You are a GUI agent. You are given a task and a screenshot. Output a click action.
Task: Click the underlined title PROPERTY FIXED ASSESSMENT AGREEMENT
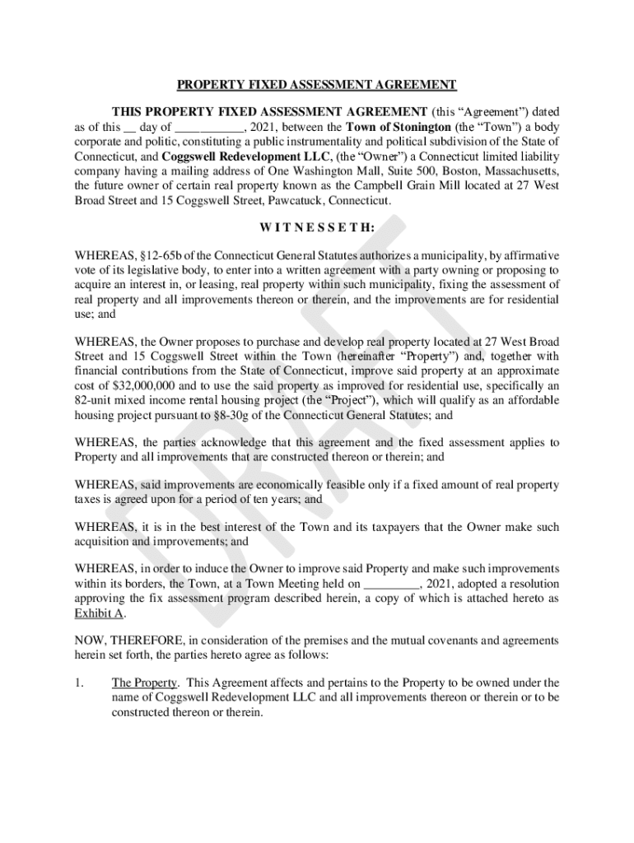pos(317,84)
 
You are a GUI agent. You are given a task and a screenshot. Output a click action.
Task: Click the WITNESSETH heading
pos(317,226)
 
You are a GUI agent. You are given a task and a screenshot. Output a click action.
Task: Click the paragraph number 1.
pos(79,682)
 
